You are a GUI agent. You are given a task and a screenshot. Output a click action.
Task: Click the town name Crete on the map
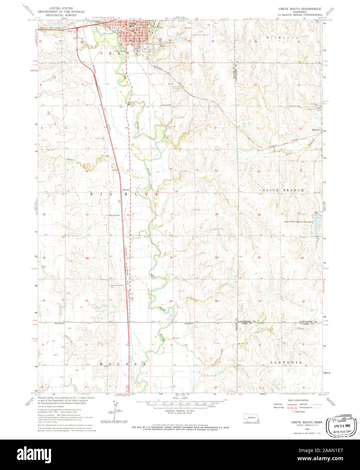coord(133,24)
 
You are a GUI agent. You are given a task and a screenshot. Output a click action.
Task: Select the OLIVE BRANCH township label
coord(283,190)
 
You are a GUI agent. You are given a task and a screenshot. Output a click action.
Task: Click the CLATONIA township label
coord(286,362)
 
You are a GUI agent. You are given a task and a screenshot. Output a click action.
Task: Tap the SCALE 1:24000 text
coord(179,398)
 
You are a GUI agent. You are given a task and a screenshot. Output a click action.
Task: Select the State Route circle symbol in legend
coord(293,412)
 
